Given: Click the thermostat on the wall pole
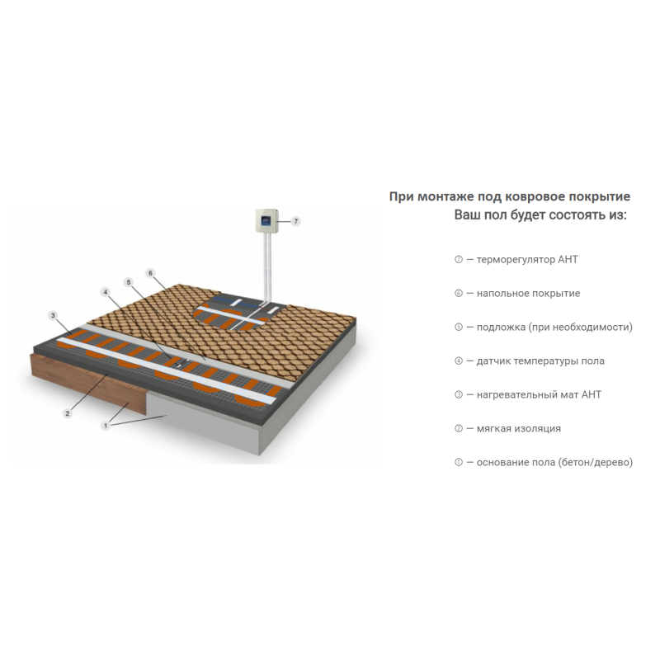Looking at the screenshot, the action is pyautogui.click(x=266, y=220).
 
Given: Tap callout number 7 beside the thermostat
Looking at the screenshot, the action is pyautogui.click(x=296, y=221).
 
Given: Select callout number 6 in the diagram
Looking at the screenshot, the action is pyautogui.click(x=150, y=273).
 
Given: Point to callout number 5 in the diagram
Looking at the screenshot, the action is pyautogui.click(x=129, y=282).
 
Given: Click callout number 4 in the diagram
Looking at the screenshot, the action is pyautogui.click(x=106, y=292).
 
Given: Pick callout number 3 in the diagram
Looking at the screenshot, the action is pyautogui.click(x=53, y=315).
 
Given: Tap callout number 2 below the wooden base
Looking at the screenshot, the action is pyautogui.click(x=68, y=414).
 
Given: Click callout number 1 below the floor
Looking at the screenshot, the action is pyautogui.click(x=106, y=426).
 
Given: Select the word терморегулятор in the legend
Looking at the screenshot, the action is pyautogui.click(x=515, y=260).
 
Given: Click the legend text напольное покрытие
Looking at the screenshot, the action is pyautogui.click(x=528, y=294).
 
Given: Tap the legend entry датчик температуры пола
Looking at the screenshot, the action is pyautogui.click(x=540, y=361).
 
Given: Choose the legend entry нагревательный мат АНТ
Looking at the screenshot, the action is pyautogui.click(x=539, y=395).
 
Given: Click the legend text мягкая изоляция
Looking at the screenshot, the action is pyautogui.click(x=519, y=428).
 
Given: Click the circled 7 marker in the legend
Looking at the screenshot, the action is pyautogui.click(x=459, y=260).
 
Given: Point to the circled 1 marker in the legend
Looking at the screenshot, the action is pyautogui.click(x=459, y=462).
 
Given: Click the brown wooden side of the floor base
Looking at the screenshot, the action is pyautogui.click(x=88, y=384).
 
